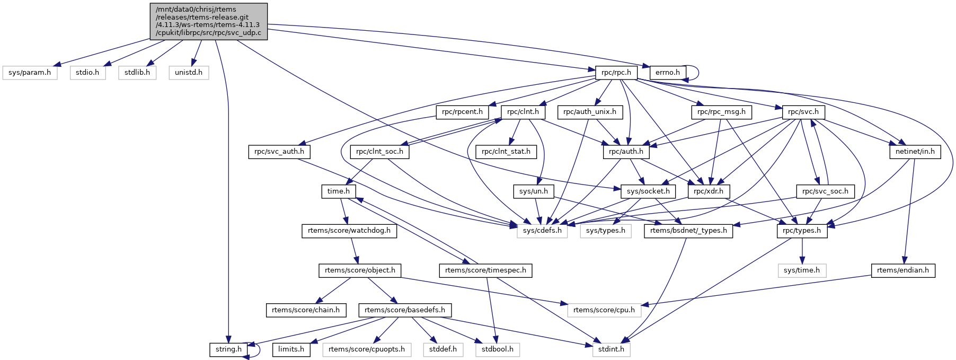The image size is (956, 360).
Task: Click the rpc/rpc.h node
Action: pos(616,72)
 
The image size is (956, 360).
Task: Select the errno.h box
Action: pos(668,72)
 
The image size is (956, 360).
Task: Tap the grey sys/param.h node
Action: pos(30,72)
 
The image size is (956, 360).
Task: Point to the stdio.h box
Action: pos(87,72)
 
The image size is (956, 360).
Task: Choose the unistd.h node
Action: pos(189,72)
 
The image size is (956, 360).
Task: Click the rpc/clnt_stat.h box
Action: pos(506,152)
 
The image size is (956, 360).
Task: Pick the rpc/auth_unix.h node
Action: pos(590,112)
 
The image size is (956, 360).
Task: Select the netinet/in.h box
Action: pos(915,152)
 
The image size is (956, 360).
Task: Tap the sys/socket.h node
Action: pos(648,191)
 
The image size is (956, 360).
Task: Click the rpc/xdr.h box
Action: pos(709,191)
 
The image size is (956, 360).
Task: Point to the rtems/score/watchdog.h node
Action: pos(349,231)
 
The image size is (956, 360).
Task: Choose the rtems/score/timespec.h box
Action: pos(485,270)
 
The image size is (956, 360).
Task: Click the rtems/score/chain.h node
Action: pos(306,310)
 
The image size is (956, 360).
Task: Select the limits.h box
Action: pos(291,349)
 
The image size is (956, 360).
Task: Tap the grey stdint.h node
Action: pos(611,349)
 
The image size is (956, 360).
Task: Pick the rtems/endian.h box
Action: pos(903,270)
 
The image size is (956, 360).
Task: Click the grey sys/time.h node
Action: pos(802,270)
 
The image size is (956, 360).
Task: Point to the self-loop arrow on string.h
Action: pos(259,349)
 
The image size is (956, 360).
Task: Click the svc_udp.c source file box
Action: pos(209,21)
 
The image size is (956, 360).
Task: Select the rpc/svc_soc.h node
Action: pos(825,191)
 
